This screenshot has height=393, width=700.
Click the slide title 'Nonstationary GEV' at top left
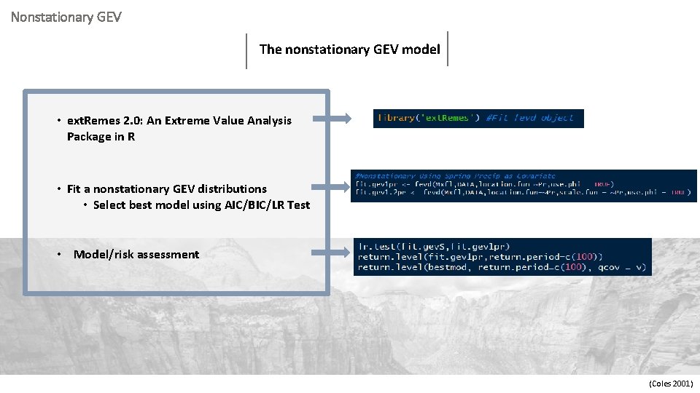click(66, 15)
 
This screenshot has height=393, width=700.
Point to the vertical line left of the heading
click(246, 50)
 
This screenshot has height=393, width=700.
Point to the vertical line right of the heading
click(447, 48)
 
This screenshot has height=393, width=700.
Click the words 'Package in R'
click(101, 137)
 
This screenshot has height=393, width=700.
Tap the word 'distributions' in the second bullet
click(232, 189)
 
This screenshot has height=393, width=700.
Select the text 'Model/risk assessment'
click(136, 255)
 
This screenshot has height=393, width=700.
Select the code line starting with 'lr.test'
click(435, 247)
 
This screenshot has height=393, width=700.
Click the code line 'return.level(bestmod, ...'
click(502, 267)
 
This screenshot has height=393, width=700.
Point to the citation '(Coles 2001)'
click(671, 384)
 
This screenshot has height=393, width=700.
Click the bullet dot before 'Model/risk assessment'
click(59, 255)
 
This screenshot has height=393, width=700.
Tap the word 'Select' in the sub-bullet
click(109, 205)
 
